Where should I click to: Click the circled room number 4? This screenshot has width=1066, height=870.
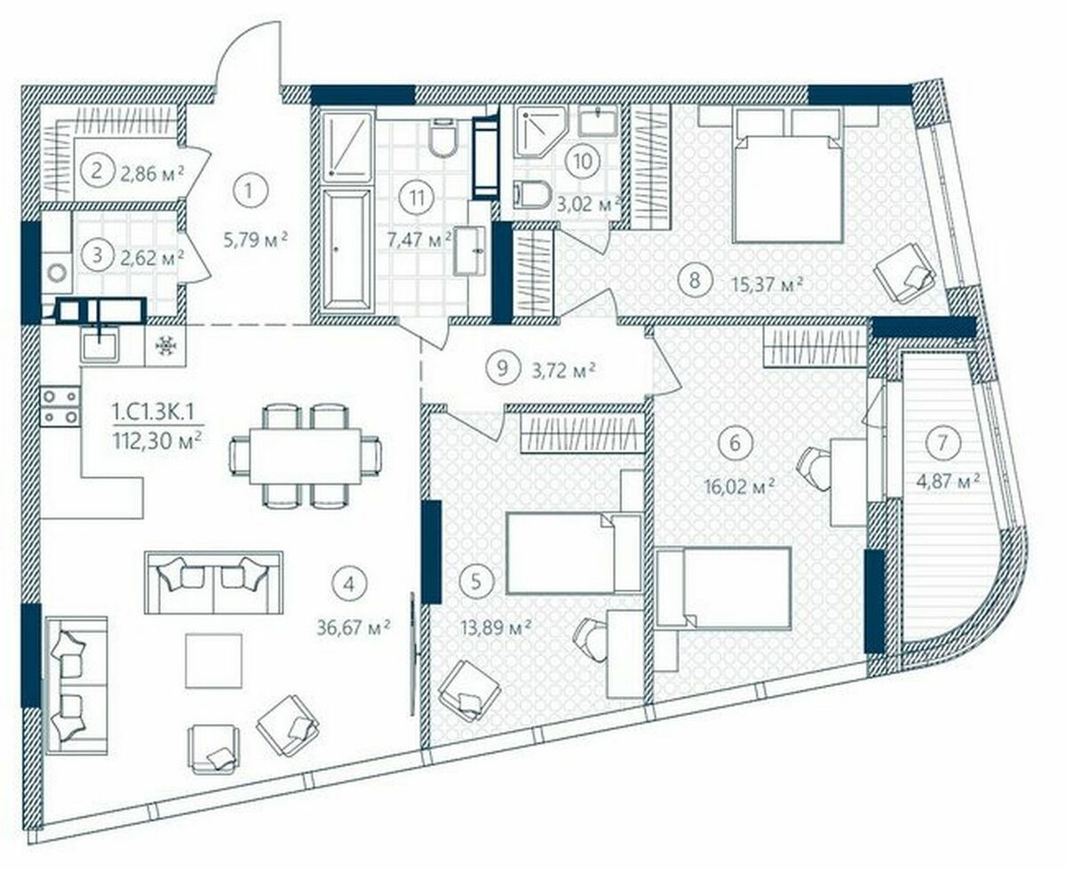point(348,584)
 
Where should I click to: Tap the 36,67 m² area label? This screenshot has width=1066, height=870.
point(354,628)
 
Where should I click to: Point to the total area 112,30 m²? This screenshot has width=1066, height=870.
point(158,441)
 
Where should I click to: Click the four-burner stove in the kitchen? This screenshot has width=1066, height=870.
point(60,407)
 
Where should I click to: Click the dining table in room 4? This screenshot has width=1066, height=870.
point(306,456)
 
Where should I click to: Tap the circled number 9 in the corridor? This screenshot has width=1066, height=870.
point(502,368)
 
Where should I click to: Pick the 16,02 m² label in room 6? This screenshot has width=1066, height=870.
point(740,487)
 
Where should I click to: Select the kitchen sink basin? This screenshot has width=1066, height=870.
point(100,344)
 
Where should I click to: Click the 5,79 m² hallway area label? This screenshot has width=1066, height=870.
point(256,240)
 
